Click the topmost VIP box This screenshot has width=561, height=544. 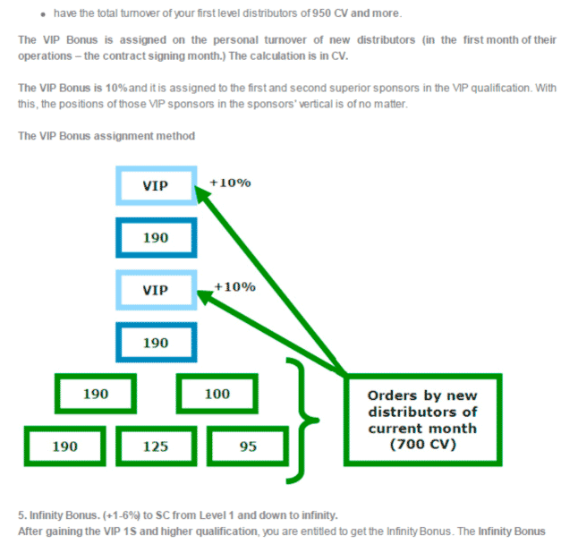[157, 185]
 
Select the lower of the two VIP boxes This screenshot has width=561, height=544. [157, 290]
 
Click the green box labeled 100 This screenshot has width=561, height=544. [217, 394]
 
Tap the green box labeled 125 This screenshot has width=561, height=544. [157, 446]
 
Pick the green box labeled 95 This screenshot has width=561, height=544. [248, 446]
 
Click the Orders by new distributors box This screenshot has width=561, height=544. [422, 420]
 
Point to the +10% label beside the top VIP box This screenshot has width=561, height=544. [230, 183]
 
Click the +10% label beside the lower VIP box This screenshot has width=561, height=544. [234, 286]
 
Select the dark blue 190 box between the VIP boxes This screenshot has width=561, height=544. [157, 238]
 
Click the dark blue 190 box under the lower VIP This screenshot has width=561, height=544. [157, 343]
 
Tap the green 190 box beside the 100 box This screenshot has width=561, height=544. [96, 394]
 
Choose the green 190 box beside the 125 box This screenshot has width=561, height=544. [64, 446]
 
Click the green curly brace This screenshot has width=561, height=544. [302, 421]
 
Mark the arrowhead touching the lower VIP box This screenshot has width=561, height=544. [204, 296]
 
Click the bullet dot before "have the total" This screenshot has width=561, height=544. [43, 14]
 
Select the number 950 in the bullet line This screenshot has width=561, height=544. [321, 13]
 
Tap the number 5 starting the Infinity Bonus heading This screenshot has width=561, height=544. [21, 515]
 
